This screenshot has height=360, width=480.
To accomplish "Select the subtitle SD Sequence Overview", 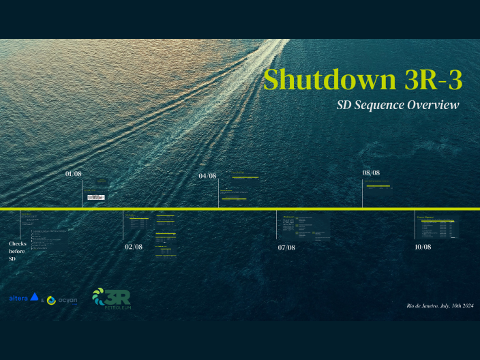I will (398, 105).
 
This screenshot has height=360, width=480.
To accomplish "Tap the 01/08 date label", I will (74, 175).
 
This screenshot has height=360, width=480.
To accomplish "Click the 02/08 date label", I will (134, 247).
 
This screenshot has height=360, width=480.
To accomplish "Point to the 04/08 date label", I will (207, 176).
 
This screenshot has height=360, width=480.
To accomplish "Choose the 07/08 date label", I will (286, 247).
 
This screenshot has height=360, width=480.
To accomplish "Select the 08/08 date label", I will (371, 173).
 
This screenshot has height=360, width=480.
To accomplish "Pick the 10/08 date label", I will (423, 246).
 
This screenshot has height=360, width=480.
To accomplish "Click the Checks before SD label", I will (17, 251).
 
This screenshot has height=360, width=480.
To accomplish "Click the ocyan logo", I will (62, 300).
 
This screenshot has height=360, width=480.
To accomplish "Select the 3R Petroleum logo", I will (111, 298).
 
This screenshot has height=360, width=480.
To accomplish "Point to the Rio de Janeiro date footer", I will (439, 306).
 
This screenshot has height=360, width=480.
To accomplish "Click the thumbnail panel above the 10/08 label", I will (437, 226).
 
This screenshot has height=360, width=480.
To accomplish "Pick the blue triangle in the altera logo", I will (35, 297).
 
